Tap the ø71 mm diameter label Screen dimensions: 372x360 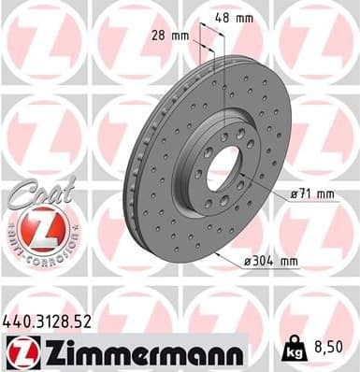(315, 193)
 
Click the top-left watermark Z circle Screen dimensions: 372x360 (42, 42)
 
